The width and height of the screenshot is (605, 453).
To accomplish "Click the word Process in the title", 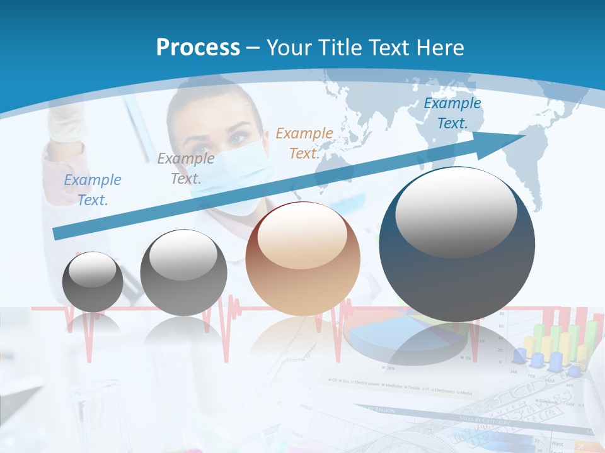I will [x=198, y=47].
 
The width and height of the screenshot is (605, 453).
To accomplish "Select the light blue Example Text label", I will [x=93, y=189].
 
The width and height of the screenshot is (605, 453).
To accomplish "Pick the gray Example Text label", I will [x=185, y=168].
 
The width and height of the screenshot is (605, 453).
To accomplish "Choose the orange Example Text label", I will [x=304, y=143].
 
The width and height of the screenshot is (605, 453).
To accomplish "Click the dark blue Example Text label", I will [x=452, y=113].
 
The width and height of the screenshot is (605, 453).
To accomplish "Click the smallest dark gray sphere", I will [x=93, y=282].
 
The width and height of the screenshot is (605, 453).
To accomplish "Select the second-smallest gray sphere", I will [x=183, y=273].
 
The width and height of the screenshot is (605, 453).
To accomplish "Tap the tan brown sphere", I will [x=302, y=259].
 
